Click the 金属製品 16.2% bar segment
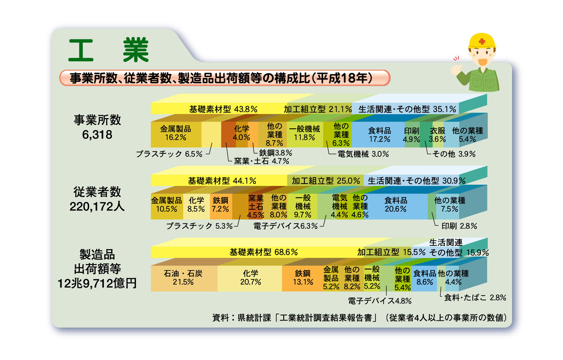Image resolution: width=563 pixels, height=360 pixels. pos(176,134)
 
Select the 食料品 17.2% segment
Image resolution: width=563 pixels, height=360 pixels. pos(378,134)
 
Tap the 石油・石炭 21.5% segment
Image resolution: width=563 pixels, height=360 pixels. pos(184,278)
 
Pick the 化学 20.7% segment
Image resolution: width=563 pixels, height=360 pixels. pos(250,278)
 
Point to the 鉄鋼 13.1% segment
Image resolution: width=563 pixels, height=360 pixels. pos(302,278)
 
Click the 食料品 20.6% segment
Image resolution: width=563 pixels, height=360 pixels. pos(396,206)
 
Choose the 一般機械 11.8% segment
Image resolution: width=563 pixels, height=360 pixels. pos(305,134)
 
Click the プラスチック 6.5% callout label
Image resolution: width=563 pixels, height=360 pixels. pos(169,154)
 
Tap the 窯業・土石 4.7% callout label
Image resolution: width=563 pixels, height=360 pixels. pos(261,161)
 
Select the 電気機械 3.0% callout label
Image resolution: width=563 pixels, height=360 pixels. pos(363,154)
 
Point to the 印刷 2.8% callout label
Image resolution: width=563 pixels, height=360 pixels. pos(459,226)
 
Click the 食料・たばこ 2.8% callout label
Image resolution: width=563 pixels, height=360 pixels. pos(475,298)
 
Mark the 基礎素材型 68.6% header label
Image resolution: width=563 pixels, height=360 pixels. pos(263,252)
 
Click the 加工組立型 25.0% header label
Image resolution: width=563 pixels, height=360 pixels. pos(326,181)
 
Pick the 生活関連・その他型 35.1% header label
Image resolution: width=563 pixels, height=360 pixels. pos(407,109)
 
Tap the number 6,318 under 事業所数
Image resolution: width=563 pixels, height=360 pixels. pos(97,135)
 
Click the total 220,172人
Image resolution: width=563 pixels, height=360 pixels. pos(97,207)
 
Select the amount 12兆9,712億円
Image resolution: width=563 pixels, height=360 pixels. pos(97,283)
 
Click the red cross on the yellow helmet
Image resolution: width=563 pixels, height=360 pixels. pos(482,41)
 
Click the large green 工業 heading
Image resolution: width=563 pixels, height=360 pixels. pos(108,50)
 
